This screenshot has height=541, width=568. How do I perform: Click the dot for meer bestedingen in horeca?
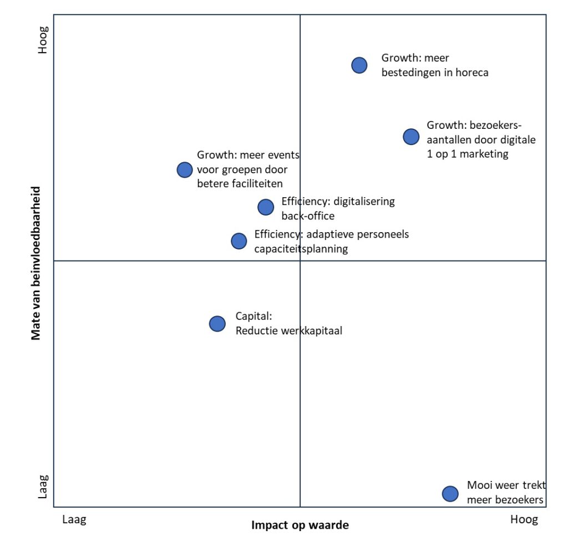pos(359,65)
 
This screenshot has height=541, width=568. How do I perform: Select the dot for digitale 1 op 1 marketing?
pos(410,136)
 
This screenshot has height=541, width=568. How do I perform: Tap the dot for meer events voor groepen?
pos(185,169)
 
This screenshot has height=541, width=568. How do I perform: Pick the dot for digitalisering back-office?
pos(266,207)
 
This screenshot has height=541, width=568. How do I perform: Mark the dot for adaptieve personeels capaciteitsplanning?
pos(239,241)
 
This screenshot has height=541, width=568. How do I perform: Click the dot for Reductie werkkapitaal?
pos(217,323)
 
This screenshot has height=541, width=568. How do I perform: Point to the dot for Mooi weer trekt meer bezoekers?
pos(450,493)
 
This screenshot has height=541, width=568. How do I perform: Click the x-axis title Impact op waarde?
pos(300,525)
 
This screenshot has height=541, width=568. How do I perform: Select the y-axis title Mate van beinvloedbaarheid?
pos(36,262)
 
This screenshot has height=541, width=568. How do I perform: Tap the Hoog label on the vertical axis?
pos(43,41)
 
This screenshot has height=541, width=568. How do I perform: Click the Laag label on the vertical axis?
pos(43,486)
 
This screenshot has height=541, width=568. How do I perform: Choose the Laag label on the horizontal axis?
pos(74,520)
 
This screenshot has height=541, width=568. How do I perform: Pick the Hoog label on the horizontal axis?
pos(524,520)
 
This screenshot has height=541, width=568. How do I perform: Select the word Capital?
pos(253,316)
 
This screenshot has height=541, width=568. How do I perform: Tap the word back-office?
pos(308,216)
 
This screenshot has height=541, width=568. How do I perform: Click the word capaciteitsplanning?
pos(301,249)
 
